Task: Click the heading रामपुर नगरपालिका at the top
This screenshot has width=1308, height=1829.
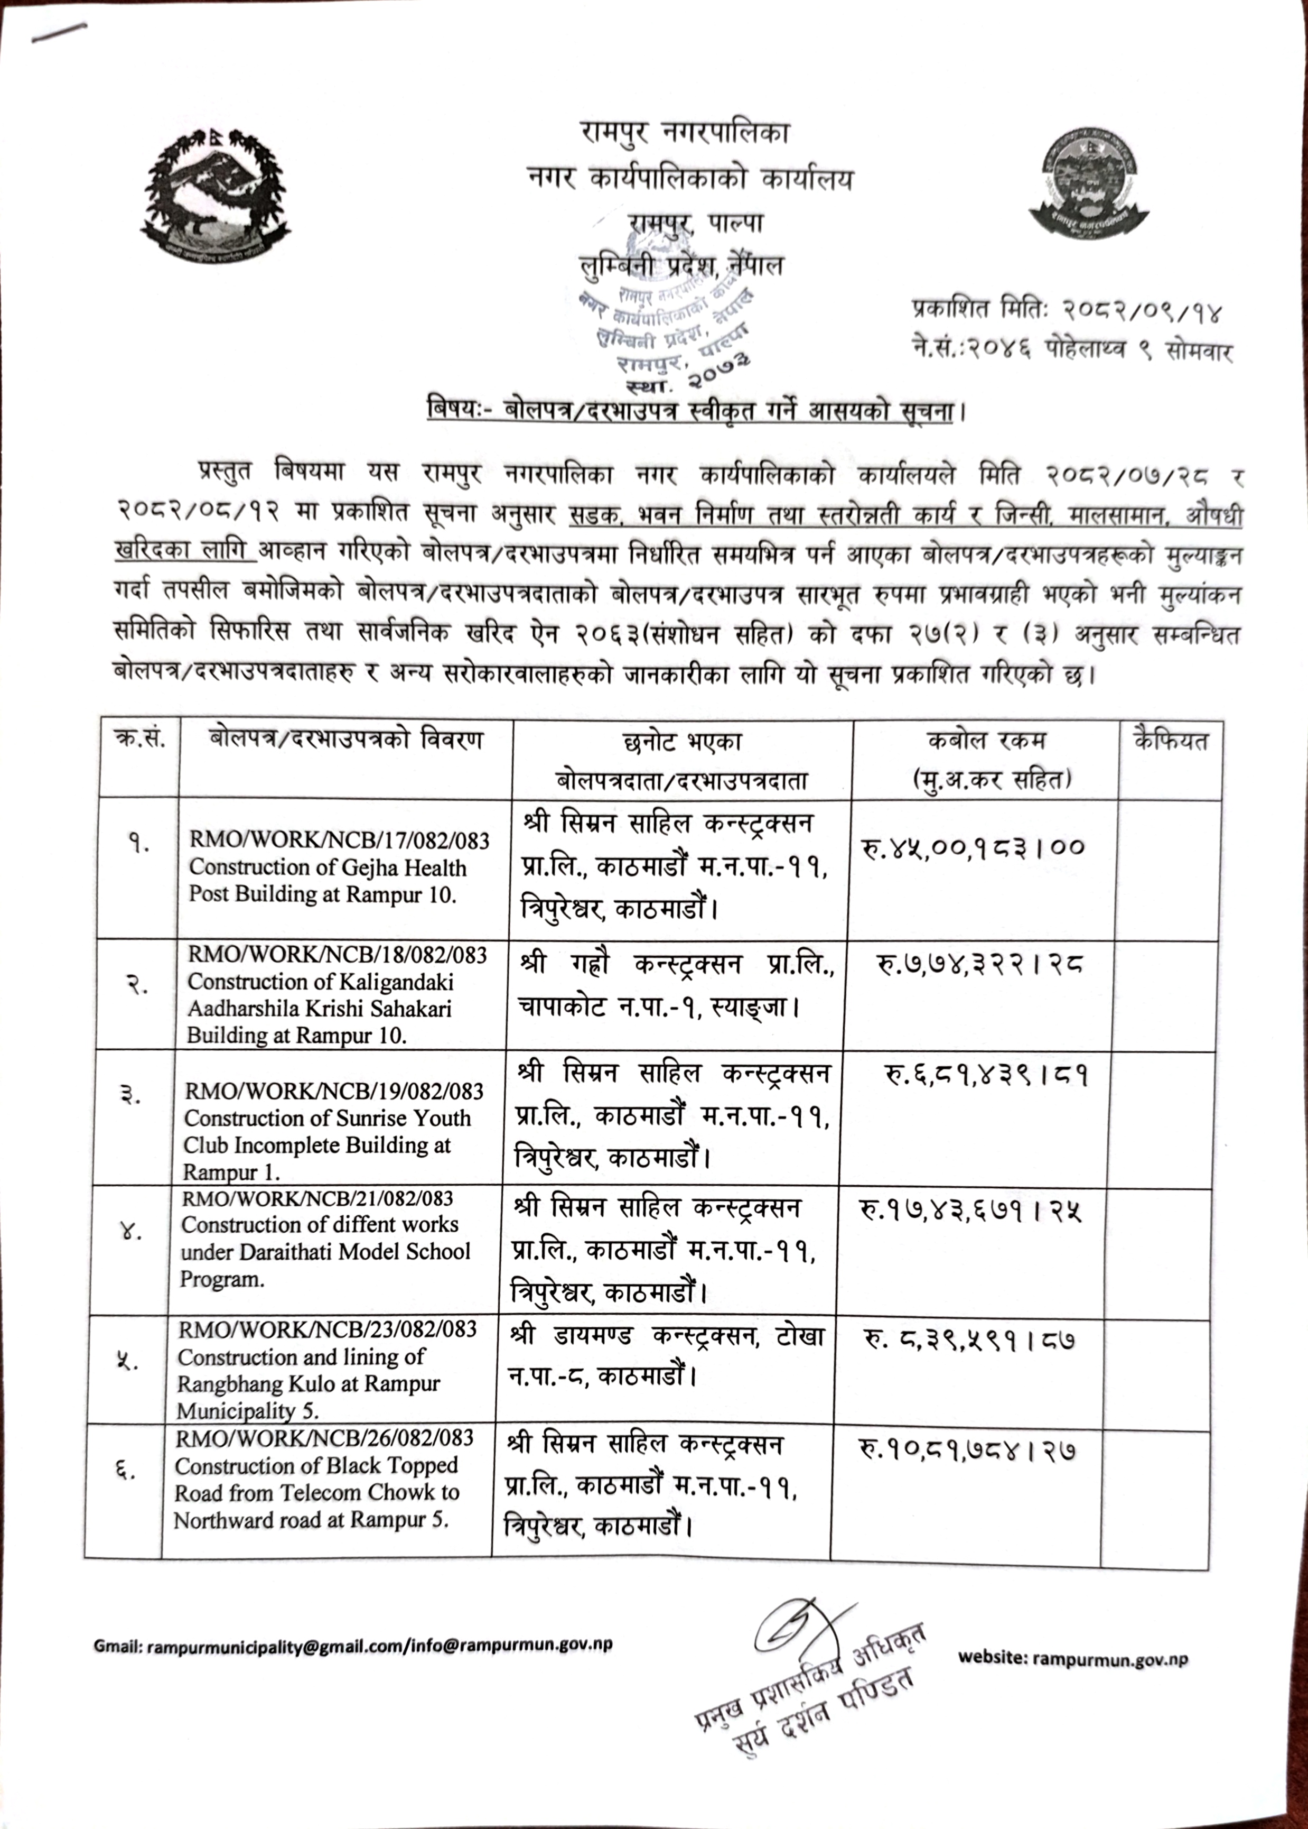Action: tap(685, 131)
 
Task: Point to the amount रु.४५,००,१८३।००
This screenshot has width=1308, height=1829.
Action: tap(974, 847)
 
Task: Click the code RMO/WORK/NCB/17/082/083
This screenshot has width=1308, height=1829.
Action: tap(339, 840)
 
